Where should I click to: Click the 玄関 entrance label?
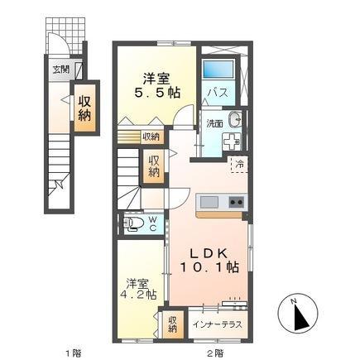tap(62, 70)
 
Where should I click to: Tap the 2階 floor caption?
tap(214, 353)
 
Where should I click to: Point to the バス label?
tap(218, 92)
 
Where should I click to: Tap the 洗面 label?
tap(214, 124)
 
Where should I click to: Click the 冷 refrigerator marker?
tap(238, 165)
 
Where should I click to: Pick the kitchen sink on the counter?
tap(208, 202)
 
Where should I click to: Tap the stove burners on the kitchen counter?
tap(236, 202)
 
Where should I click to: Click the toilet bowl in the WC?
tap(132, 223)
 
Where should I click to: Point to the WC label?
tap(153, 223)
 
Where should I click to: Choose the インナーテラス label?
tap(218, 324)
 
